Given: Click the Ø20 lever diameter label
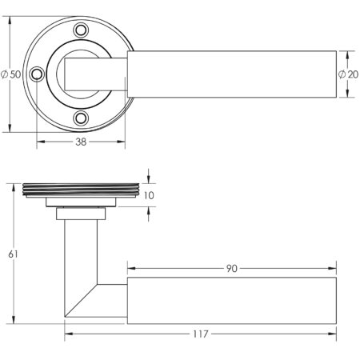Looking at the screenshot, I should tap(348, 74).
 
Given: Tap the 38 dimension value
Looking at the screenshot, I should tap(80, 142).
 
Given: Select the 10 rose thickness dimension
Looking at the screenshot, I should tap(150, 194).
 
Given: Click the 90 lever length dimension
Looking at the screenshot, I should tap(231, 269).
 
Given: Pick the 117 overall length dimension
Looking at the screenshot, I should tap(199, 333).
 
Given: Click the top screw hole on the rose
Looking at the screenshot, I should tap(80, 30).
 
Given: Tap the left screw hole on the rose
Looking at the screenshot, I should tap(36, 74).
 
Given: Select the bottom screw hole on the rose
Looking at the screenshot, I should tap(80, 118).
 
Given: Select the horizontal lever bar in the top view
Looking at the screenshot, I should tap(232, 74).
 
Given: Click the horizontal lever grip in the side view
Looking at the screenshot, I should tap(232, 301).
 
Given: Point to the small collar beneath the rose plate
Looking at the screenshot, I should tap(81, 212).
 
